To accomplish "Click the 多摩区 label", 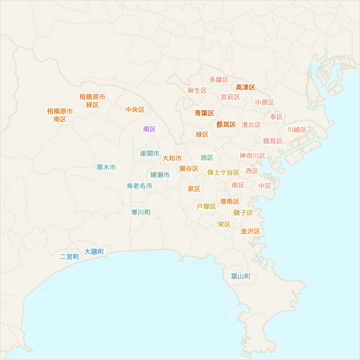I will point(219,80).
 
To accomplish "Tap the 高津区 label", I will point(245,88).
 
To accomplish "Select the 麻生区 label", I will point(197,91).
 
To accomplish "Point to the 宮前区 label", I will point(230,97).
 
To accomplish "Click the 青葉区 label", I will point(204,113).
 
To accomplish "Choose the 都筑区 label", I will point(226,125).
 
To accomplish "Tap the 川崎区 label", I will point(296,130).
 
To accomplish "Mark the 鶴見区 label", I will point(272,141).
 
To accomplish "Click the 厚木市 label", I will point(106,167).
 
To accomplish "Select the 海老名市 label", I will point(139,186).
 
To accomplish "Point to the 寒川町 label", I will point(141,212).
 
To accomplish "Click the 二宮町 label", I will point(69,257).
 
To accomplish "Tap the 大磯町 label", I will point(94,251).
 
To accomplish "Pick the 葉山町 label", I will point(241,277).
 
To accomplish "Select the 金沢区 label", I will point(250,231).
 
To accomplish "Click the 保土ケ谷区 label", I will point(223,173).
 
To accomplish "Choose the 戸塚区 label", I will point(206,206).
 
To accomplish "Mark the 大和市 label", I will point(172,158).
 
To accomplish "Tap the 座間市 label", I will point(150,154).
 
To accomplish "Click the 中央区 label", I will point(135,110).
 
